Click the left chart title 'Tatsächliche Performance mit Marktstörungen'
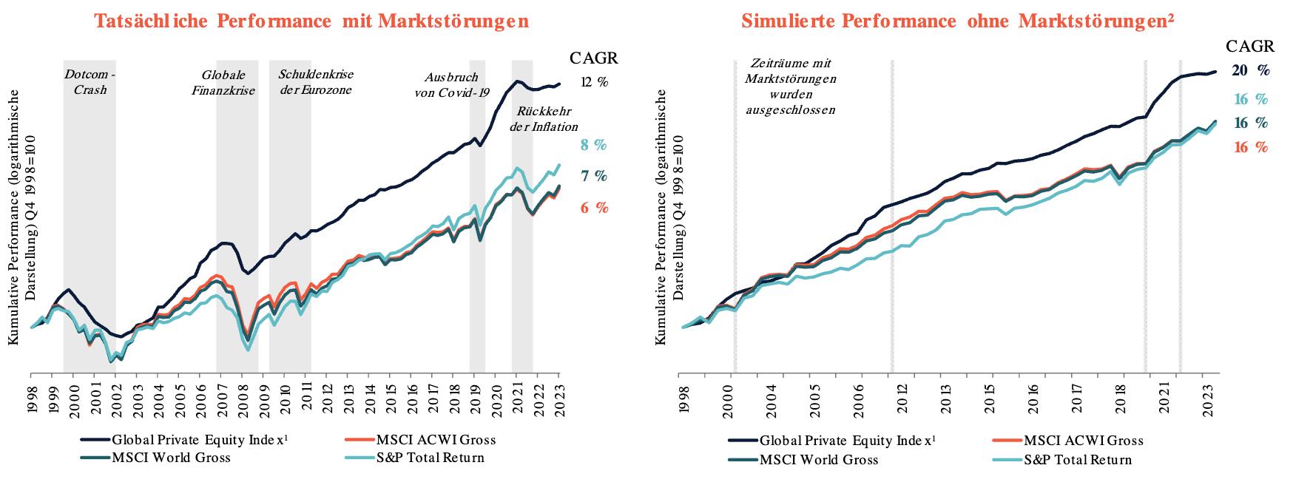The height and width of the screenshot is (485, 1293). [311, 21]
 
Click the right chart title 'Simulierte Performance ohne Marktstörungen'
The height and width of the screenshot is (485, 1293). [958, 21]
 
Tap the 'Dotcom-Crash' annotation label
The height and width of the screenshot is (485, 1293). [90, 83]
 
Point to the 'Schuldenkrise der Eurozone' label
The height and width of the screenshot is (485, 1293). [316, 82]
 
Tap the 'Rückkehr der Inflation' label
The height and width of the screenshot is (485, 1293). [544, 119]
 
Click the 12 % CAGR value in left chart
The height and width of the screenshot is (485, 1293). [595, 83]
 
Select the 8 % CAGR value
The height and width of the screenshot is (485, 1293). [593, 145]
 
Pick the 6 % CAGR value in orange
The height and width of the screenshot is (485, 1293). [594, 208]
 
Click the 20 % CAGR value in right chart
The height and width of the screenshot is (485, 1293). [1250, 71]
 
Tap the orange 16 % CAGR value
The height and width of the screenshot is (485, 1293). [1250, 147]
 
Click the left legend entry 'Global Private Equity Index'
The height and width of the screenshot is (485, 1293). [199, 440]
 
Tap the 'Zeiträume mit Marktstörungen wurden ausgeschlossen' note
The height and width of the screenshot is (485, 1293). [791, 87]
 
